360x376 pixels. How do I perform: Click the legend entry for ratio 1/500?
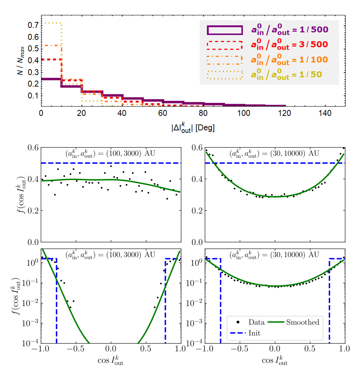[290, 30]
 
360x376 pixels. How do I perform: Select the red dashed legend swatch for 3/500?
[224, 45]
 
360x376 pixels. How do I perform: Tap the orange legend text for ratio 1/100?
[289, 60]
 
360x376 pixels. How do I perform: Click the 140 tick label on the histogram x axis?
[325, 113]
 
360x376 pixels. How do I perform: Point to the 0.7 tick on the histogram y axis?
[33, 25]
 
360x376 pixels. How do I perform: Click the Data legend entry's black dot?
[238, 322]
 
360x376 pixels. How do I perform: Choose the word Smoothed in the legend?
[303, 322]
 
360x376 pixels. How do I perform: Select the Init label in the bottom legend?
[254, 333]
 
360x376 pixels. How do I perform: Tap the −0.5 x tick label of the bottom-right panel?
[240, 349]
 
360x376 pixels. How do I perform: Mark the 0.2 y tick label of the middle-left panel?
[33, 211]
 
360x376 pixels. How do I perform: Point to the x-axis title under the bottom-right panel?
[275, 361]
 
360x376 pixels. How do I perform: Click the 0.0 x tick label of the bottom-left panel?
[111, 349]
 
